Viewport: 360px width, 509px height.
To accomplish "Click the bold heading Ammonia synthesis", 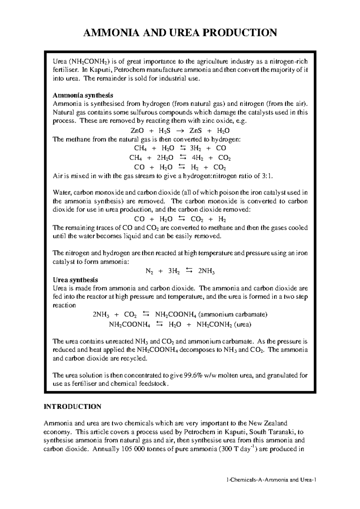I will pos(83,95).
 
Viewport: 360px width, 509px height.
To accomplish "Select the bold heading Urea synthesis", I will pos(75,280).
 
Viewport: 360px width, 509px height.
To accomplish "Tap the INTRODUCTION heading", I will pos(73,406).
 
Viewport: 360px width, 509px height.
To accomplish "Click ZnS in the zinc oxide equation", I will pos(196,131).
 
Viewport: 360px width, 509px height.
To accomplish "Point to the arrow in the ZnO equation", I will pos(178,131).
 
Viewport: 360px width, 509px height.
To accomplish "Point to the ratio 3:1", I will pos(267,176).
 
